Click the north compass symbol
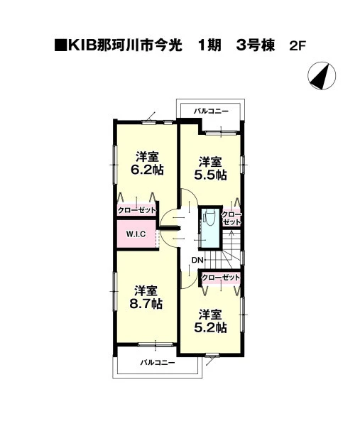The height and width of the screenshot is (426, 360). tap(322, 76)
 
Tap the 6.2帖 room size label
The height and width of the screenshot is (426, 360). tap(147, 170)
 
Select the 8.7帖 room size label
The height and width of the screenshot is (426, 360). tap(146, 303)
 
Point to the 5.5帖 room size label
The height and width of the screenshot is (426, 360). tap(210, 175)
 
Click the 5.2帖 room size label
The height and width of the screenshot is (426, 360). tap(210, 328)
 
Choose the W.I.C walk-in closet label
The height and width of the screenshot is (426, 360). tap(136, 234)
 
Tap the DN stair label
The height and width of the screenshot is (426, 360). tap(197, 260)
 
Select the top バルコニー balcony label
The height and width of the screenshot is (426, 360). tap(211, 111)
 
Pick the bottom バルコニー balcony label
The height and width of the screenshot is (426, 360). tap(158, 362)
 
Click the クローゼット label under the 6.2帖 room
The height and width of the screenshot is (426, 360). tap(137, 210)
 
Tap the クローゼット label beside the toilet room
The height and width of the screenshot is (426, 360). tap(231, 219)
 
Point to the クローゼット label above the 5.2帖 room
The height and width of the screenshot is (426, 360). tap(221, 278)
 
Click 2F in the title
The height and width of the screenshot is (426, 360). tap(298, 46)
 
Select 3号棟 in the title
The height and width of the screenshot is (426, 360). tap(256, 45)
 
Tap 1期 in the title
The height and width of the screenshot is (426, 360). tap(209, 45)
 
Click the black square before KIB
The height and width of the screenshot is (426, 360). tap(60, 45)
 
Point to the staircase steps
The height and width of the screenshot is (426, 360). tap(231, 249)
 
